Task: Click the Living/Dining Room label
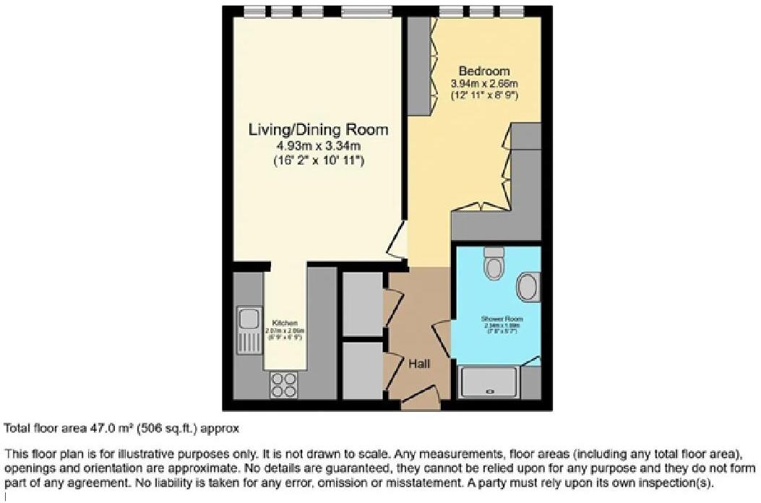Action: click(x=318, y=130)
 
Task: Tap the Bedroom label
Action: click(x=484, y=72)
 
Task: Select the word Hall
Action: click(x=419, y=364)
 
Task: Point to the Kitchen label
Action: click(x=285, y=322)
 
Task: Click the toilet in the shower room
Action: click(x=495, y=264)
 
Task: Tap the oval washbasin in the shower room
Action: click(x=530, y=287)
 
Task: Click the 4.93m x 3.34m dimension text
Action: click(x=318, y=147)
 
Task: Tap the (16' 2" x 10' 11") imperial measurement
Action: click(x=318, y=160)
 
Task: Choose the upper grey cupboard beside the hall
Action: click(x=362, y=304)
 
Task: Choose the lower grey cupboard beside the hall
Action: click(x=362, y=371)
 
